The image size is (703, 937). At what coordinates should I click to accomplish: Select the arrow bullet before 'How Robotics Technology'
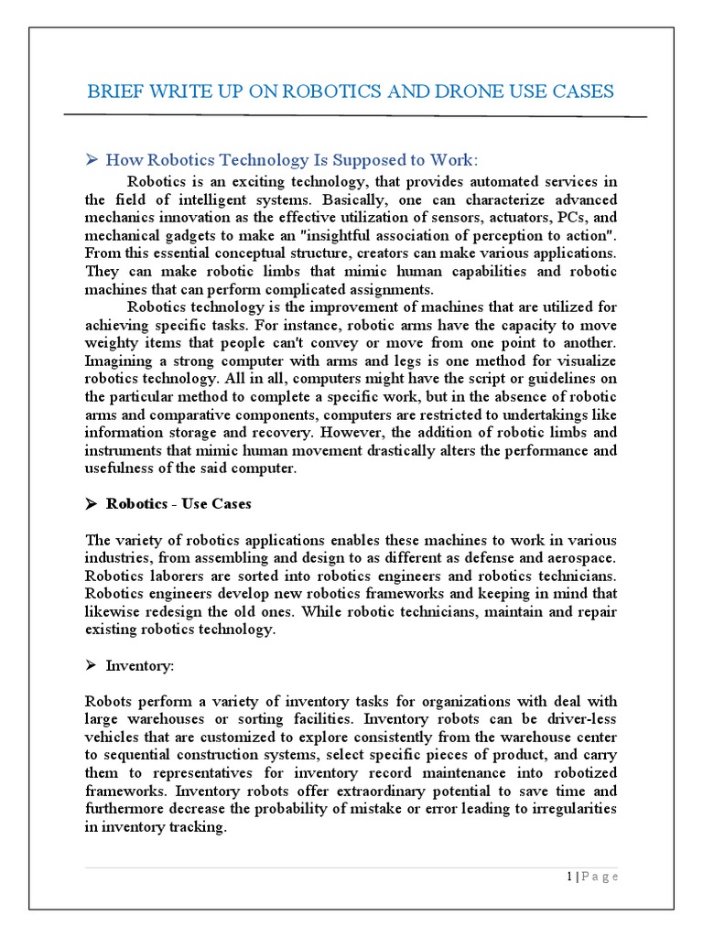click(92, 160)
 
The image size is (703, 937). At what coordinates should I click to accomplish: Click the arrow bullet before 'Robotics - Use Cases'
click(92, 503)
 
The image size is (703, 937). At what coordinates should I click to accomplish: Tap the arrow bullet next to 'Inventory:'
click(92, 665)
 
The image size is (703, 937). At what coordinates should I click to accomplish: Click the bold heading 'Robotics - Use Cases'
click(178, 503)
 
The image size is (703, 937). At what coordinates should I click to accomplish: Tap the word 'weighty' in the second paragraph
click(114, 341)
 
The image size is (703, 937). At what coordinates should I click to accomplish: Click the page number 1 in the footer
click(568, 877)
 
